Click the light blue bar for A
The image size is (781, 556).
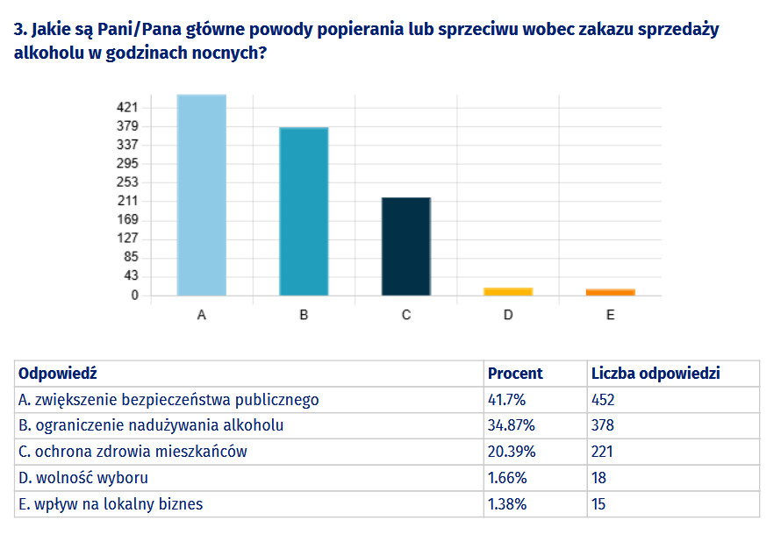(x=201, y=195)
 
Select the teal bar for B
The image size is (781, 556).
(x=304, y=211)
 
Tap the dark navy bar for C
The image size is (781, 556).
(x=405, y=246)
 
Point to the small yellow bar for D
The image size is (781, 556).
(x=508, y=291)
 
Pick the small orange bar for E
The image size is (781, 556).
(x=610, y=292)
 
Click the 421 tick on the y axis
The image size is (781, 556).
(x=128, y=107)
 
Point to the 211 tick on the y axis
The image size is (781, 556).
(x=128, y=201)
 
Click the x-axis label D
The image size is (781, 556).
(x=508, y=315)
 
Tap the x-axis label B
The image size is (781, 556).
(x=304, y=315)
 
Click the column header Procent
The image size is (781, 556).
(x=515, y=374)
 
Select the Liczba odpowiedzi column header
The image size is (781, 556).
(x=656, y=374)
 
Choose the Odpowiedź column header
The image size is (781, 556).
(x=57, y=374)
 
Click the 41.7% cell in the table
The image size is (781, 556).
(x=506, y=400)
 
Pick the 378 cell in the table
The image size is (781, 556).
(x=603, y=426)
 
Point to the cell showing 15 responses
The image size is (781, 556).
(x=598, y=504)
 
